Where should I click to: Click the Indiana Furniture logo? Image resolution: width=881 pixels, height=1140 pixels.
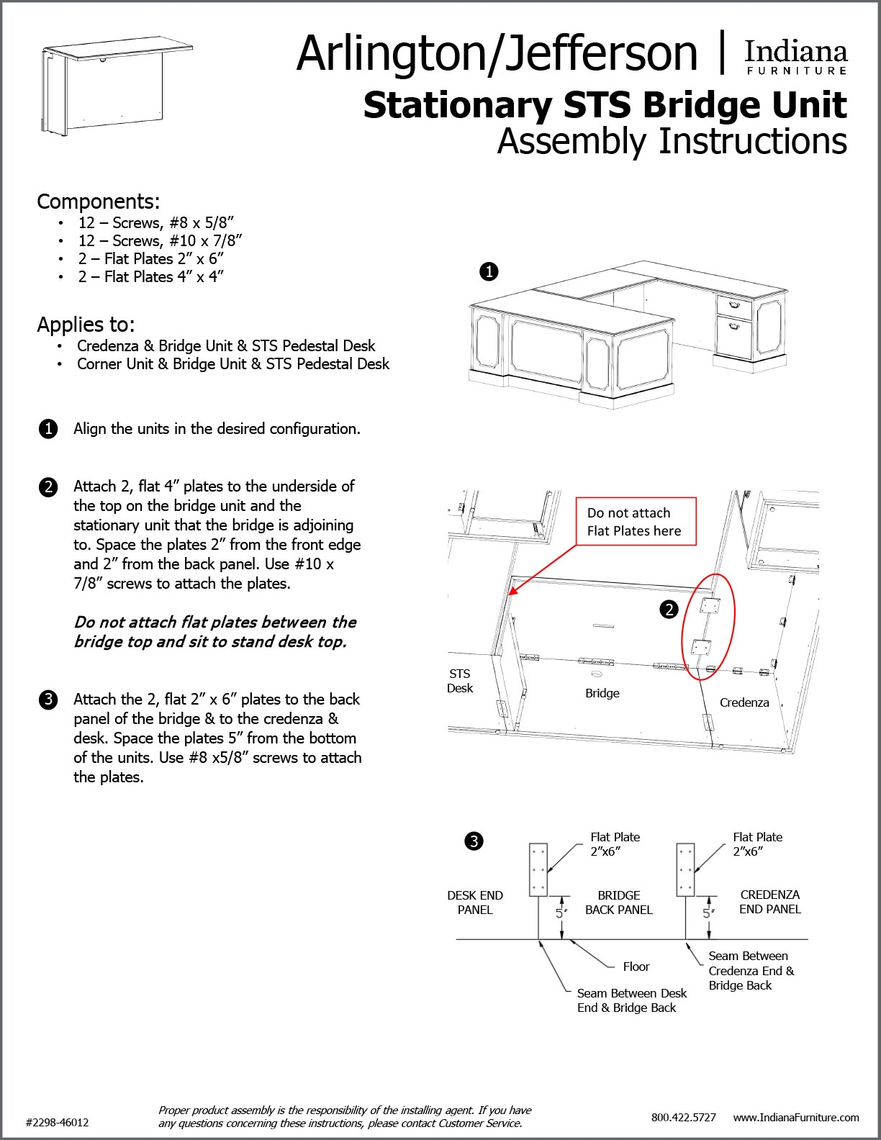click(795, 57)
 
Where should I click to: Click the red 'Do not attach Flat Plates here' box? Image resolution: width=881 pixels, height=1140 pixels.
click(636, 522)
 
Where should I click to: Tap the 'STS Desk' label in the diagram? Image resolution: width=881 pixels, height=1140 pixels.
click(460, 681)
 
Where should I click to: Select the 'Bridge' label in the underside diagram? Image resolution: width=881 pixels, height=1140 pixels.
click(602, 693)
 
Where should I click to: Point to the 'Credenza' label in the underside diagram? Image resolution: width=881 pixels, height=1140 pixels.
click(744, 702)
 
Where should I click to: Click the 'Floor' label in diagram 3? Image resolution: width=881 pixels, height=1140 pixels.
click(636, 967)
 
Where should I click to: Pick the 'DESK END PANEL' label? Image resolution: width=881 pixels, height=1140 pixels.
click(475, 902)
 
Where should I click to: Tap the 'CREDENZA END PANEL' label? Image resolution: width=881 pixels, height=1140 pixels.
click(769, 902)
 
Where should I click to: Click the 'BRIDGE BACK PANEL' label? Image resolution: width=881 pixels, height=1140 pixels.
click(618, 902)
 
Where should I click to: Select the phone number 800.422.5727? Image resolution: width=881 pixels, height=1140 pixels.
click(683, 1117)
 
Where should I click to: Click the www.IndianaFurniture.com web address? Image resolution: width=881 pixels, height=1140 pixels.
click(796, 1117)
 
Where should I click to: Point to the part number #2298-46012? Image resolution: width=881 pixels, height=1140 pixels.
click(57, 1122)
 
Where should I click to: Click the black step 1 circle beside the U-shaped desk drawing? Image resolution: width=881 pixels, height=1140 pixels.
click(489, 271)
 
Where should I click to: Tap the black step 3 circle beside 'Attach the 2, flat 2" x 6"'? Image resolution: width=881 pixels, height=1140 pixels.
click(48, 700)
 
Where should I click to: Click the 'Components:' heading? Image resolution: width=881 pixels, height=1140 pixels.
click(99, 201)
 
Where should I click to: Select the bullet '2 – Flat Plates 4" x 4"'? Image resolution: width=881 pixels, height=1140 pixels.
click(151, 276)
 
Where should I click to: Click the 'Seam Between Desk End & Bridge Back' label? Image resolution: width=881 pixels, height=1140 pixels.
click(631, 1000)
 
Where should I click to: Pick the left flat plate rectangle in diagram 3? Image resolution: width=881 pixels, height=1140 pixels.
click(538, 869)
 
